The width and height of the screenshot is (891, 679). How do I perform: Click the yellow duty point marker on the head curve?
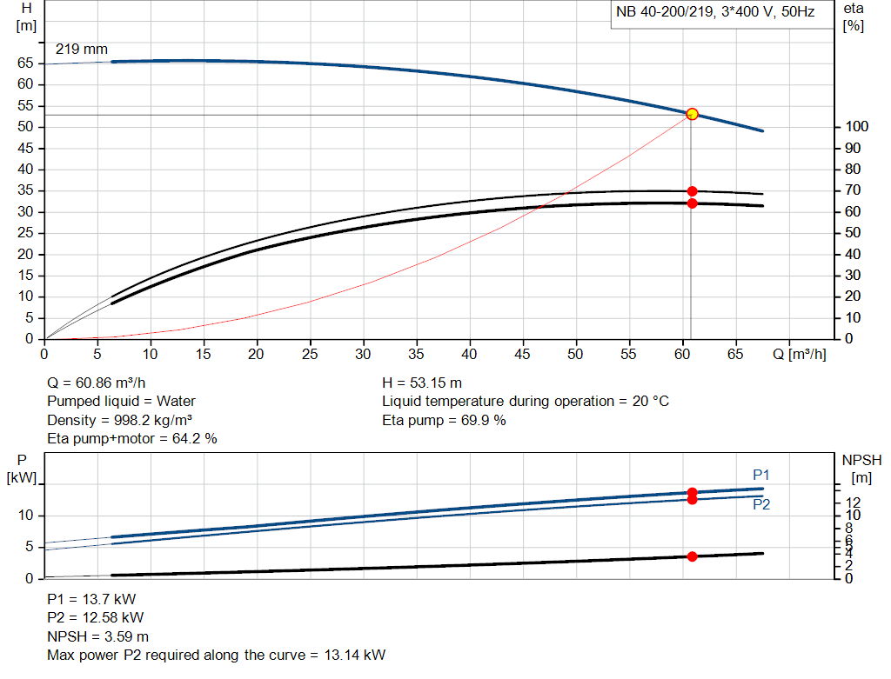[x=692, y=114]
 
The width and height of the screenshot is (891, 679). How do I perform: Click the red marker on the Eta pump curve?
[x=692, y=191]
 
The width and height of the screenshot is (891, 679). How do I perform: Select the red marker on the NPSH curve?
[x=692, y=556]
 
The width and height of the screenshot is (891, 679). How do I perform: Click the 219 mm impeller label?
[x=82, y=50]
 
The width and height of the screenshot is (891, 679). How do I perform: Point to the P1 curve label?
[x=761, y=475]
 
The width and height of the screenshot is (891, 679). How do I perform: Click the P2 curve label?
[x=761, y=504]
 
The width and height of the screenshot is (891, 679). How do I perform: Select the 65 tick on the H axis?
[x=26, y=63]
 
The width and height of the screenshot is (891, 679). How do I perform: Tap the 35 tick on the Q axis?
[x=416, y=355]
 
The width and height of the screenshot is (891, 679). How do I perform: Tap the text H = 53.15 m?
[x=422, y=383]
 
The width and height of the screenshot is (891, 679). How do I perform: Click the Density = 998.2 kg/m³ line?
[x=119, y=420]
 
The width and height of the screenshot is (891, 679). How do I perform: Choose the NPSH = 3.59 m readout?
[x=97, y=636]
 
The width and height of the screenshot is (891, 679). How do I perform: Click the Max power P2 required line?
[x=216, y=655]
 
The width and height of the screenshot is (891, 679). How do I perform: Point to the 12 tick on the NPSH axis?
[x=854, y=503]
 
